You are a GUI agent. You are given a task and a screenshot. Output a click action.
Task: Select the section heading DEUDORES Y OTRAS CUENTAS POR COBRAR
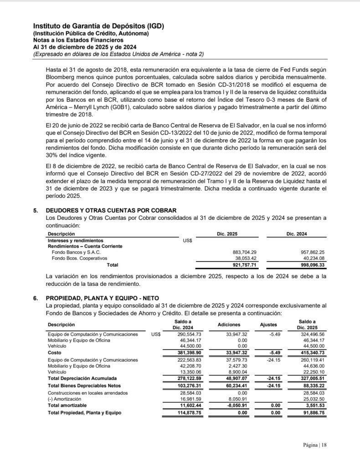coord(111,210)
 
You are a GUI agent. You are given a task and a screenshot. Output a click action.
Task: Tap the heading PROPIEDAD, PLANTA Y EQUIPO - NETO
coord(102,298)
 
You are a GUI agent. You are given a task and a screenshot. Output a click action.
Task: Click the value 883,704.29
coord(244,252)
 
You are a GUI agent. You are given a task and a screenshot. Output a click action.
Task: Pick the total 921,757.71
coord(244,265)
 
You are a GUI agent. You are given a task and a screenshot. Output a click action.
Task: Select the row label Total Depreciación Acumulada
coord(82,378)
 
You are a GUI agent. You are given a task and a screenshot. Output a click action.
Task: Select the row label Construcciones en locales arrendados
coord(88,393)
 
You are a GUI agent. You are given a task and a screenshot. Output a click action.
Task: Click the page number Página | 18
coord(315,445)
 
